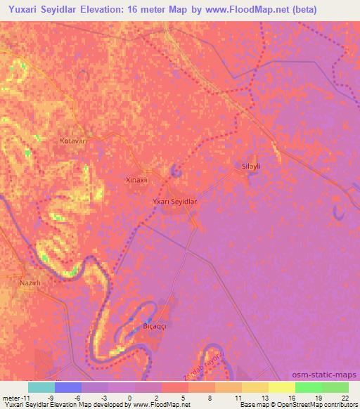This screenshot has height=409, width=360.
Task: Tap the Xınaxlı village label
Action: pyautogui.click(x=136, y=180)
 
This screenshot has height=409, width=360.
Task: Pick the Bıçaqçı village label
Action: pyautogui.click(x=155, y=327)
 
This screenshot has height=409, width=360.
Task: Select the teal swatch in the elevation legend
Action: pyautogui.click(x=41, y=387)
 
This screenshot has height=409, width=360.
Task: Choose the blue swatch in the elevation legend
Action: pyautogui.click(x=68, y=387)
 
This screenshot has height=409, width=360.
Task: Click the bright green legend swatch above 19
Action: pyautogui.click(x=309, y=387)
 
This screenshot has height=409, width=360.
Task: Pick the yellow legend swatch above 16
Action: pyautogui.click(x=282, y=387)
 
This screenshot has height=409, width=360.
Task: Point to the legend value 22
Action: pyautogui.click(x=344, y=397)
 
